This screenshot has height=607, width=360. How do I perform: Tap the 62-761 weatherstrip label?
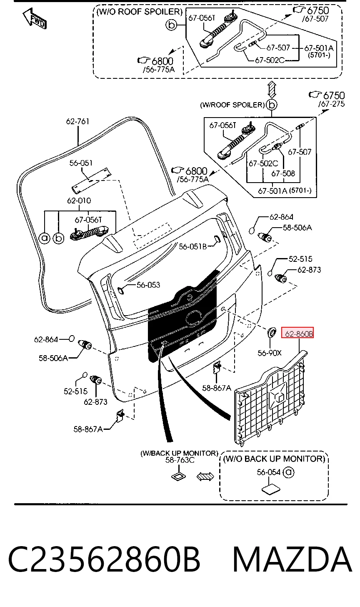[77, 121]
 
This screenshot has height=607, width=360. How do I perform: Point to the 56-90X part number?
[270, 353]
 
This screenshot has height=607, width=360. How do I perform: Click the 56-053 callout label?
[148, 285]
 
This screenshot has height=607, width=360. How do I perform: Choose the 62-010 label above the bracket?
[79, 201]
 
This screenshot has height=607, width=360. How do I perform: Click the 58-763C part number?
[180, 460]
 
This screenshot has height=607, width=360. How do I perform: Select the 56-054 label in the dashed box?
[268, 472]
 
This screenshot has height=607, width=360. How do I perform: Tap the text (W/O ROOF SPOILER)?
[140, 12]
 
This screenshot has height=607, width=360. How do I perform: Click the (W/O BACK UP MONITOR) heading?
[274, 459]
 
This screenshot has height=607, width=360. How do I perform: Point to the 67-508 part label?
[283, 173]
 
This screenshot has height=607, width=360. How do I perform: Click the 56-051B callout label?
[193, 247]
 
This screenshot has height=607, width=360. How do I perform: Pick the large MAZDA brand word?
[292, 559]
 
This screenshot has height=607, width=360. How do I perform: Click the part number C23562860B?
[104, 559]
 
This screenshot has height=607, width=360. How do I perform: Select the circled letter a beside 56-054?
[288, 473]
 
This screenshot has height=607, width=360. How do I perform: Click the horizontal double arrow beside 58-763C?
[205, 477]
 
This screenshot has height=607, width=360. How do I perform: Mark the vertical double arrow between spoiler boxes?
[272, 89]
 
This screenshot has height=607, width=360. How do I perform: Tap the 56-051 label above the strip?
[81, 163]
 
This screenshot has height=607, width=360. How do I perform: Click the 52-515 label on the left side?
[75, 391]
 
